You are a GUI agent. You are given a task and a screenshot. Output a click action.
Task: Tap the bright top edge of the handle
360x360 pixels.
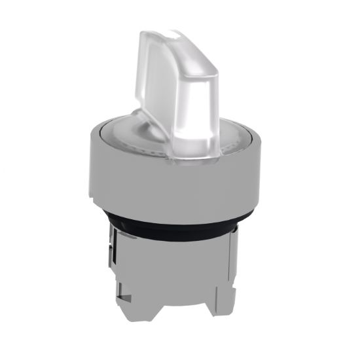(174, 33)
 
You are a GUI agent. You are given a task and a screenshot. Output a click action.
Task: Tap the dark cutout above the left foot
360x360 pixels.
(128, 275)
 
